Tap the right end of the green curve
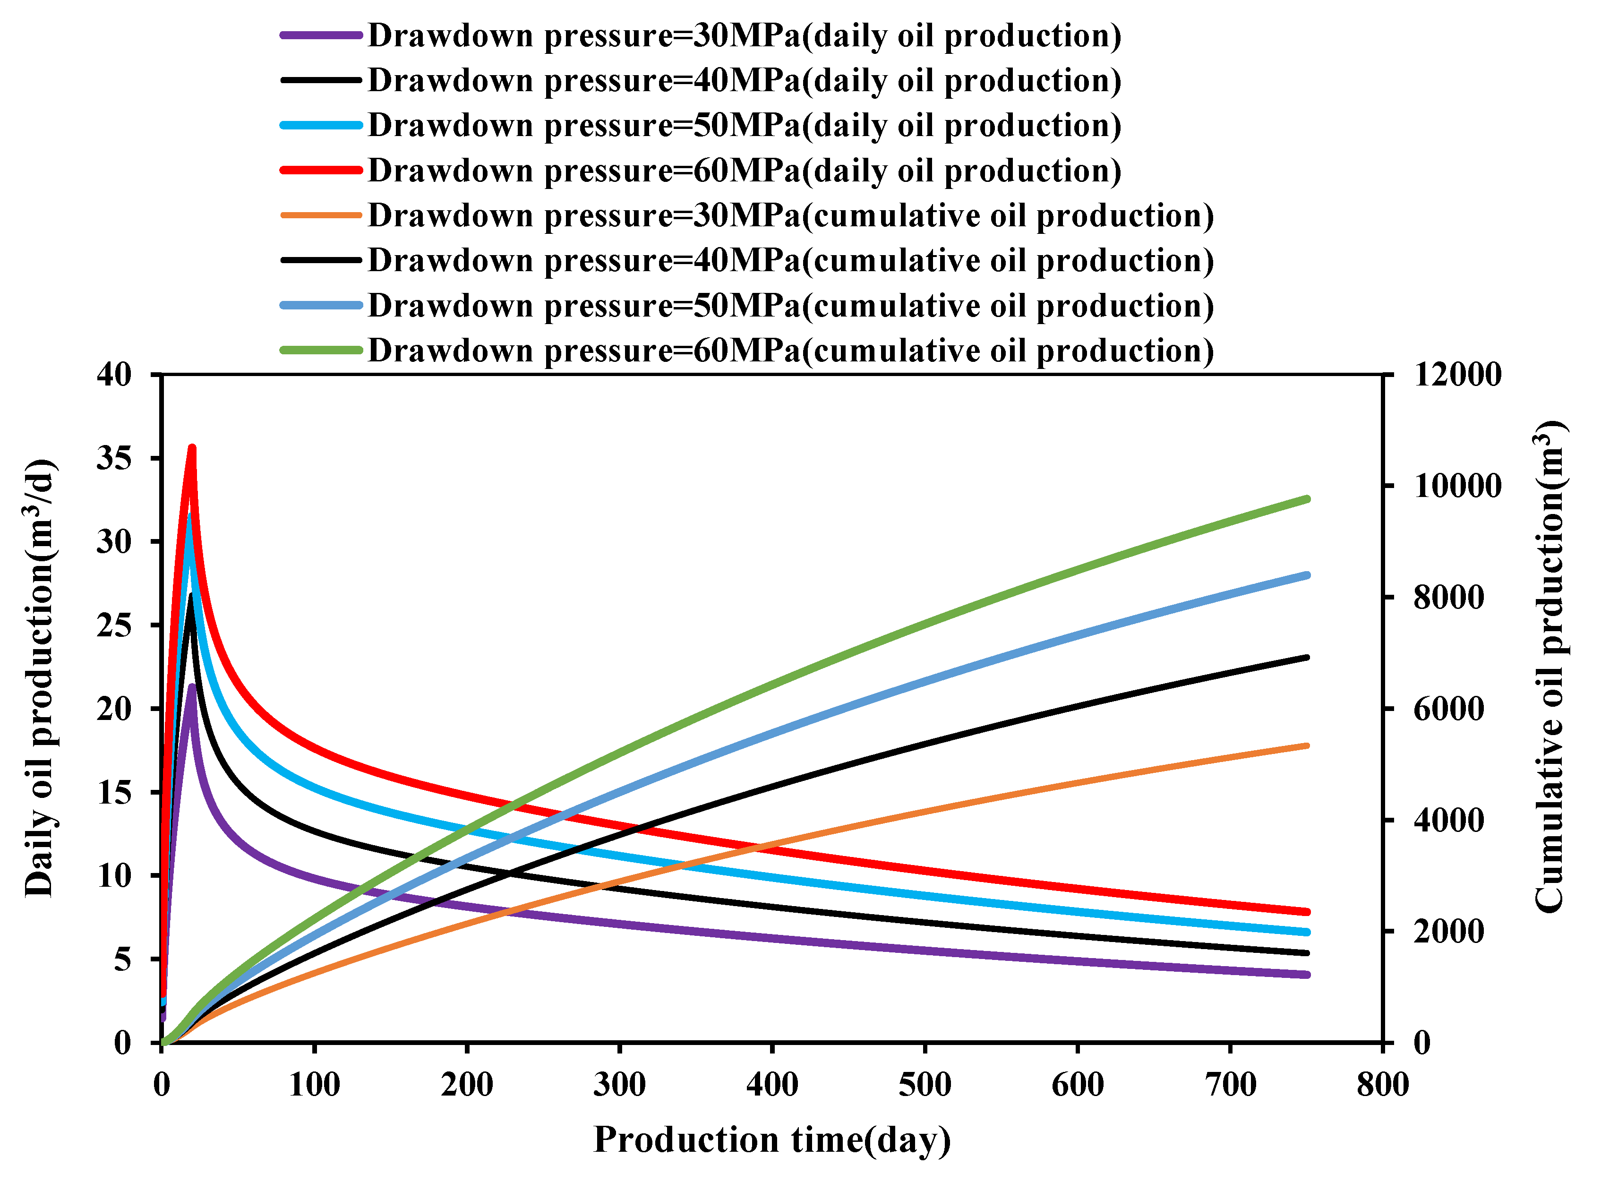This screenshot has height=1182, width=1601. (1307, 499)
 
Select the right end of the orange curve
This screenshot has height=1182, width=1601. (1307, 745)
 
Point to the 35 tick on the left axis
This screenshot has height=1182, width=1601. (114, 458)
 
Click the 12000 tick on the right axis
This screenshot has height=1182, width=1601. (1457, 374)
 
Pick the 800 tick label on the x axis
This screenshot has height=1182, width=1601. (1382, 1085)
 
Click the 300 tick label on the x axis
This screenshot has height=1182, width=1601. (619, 1085)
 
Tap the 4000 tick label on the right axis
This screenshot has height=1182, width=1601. (1448, 820)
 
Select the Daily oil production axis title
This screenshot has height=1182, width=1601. (39, 678)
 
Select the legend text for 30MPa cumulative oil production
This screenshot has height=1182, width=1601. (790, 215)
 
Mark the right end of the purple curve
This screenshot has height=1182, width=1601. (1307, 975)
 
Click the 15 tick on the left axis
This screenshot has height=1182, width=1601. (114, 792)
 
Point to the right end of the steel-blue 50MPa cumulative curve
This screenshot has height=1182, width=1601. (1307, 575)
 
